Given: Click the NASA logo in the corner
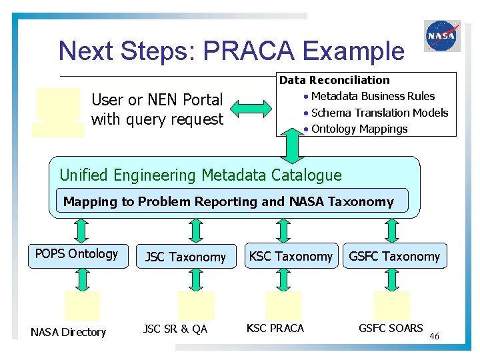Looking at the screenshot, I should (441, 35).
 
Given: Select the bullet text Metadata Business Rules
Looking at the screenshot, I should (373, 97).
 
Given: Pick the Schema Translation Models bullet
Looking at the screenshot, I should (379, 113).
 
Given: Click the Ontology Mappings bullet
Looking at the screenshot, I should (359, 129).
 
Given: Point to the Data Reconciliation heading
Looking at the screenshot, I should (334, 80).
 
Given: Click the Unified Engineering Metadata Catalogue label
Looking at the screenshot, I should (201, 175).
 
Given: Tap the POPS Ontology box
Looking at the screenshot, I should (77, 255).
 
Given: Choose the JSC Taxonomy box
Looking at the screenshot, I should (185, 257).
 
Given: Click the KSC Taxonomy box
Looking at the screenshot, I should (291, 256).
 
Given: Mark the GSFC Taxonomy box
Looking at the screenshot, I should (395, 256).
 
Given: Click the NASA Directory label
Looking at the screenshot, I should (68, 332).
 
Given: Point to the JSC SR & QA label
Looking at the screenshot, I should (175, 328).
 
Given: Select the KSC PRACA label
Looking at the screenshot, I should (275, 328).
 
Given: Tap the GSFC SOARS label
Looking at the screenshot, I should (391, 328).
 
